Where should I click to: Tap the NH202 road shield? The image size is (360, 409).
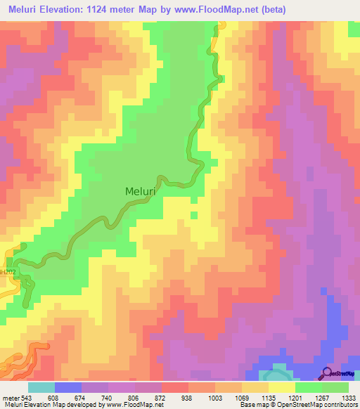[6, 272]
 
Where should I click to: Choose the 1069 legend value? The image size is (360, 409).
[242, 396]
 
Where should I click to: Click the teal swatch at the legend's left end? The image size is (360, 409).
[41, 387]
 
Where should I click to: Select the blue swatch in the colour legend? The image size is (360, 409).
[68, 387]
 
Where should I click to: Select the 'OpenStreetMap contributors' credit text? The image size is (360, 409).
[316, 405]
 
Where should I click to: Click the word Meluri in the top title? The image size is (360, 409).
[25, 9]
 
